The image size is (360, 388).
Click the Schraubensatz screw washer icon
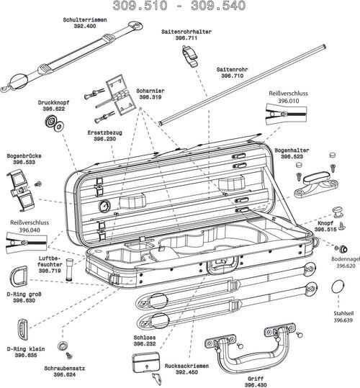pos(63,345)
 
